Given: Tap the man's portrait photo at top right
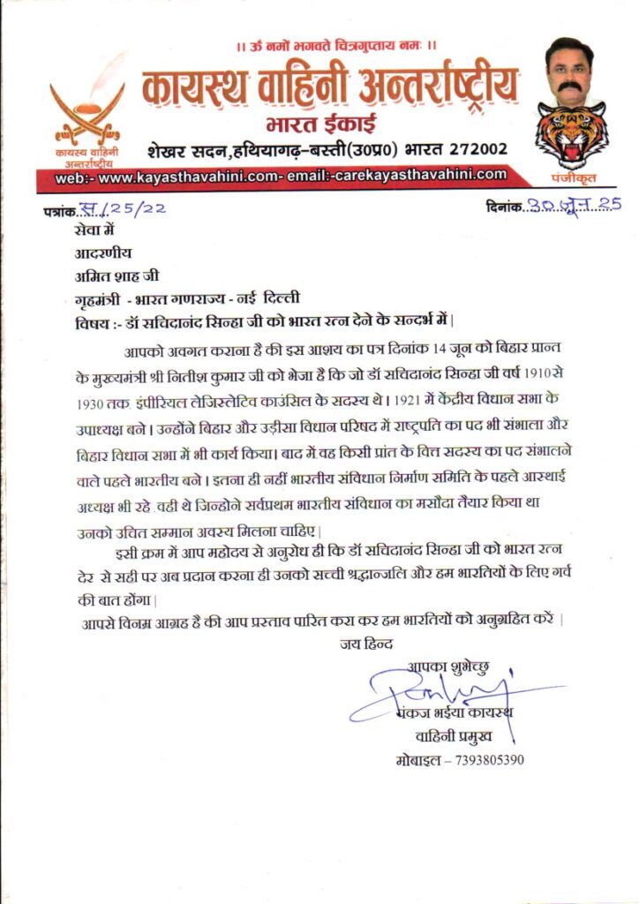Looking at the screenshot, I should (568, 71).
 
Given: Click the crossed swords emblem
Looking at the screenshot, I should (86, 108).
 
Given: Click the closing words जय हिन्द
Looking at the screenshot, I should (365, 644).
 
